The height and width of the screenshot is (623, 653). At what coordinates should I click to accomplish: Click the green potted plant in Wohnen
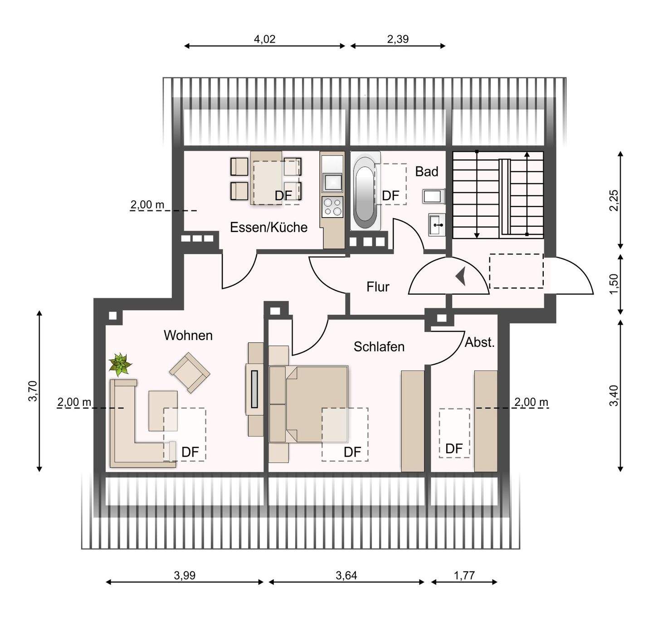coord(121,364)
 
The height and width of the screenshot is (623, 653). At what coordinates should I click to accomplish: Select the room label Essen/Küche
coord(268,228)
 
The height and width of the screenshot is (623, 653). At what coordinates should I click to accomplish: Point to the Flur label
coord(378,287)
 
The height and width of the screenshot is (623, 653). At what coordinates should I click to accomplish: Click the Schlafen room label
coord(379,347)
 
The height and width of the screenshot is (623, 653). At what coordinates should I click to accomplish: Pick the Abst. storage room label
coord(479,342)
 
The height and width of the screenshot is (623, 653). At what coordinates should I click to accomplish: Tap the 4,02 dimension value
coord(265,39)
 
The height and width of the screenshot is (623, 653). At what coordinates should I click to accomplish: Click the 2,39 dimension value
coord(398,39)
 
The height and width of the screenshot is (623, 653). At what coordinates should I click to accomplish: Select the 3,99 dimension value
coord(185,575)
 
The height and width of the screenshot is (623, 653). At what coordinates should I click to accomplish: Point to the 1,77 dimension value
coord(464,575)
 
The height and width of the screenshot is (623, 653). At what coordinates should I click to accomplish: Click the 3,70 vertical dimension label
coord(33,391)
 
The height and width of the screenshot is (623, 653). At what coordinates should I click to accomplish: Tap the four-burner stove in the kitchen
coord(332,207)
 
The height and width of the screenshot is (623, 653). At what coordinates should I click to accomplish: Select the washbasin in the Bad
coord(436,224)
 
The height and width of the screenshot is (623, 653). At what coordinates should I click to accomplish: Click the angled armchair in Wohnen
coord(189,373)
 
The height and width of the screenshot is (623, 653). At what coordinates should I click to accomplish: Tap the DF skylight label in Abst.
coord(454,448)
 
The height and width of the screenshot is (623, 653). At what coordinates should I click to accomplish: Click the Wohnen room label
coord(188,336)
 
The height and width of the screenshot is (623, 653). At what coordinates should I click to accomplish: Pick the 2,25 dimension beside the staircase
coord(614,200)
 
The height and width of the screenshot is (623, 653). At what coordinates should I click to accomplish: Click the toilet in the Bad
coord(434,196)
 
